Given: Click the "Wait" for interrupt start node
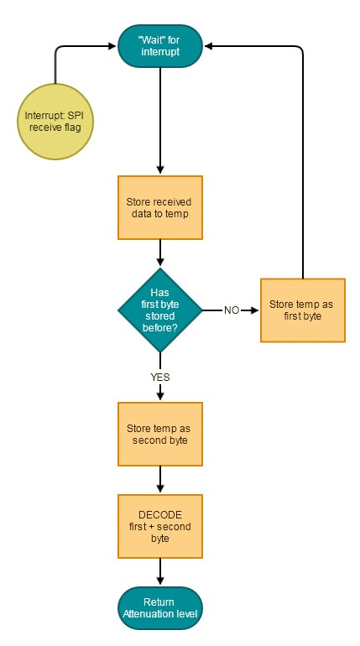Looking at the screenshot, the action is click(x=160, y=46).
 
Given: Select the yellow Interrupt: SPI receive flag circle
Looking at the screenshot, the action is click(x=55, y=122).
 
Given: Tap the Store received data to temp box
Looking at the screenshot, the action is click(x=160, y=208).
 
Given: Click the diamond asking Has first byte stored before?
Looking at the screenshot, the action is click(x=160, y=310).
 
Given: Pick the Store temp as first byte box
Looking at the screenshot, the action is click(x=303, y=310).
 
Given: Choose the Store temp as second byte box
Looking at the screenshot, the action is click(x=160, y=434).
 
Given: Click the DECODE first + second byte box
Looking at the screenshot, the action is click(x=160, y=527).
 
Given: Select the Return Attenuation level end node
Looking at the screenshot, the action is click(x=160, y=608).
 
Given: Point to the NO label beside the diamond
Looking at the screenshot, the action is click(x=232, y=310).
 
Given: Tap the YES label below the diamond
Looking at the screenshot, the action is click(x=160, y=377).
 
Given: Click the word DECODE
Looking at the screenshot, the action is click(x=160, y=515).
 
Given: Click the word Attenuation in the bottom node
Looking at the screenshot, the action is click(x=147, y=613).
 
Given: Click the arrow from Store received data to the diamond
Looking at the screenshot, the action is click(x=160, y=253).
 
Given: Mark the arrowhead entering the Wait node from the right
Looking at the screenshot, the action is click(x=208, y=46).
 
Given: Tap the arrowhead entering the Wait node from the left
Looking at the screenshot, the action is click(x=112, y=46).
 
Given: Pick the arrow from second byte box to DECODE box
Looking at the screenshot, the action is click(x=160, y=480).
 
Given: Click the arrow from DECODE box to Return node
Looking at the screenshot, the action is click(x=160, y=571).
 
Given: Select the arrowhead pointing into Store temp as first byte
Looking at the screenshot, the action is click(x=254, y=310).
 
